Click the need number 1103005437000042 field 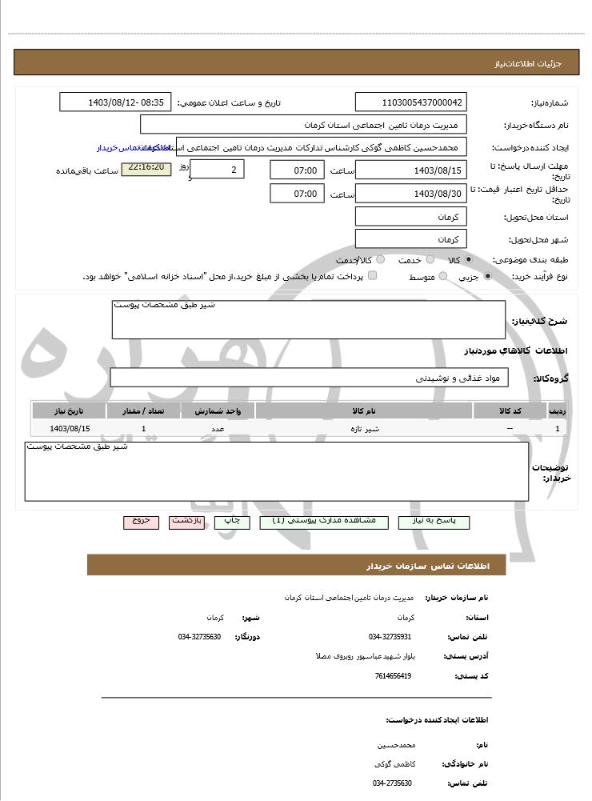click(x=410, y=102)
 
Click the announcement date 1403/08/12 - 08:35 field click(x=115, y=102)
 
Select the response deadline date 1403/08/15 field click(x=410, y=170)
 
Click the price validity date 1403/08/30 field click(x=410, y=194)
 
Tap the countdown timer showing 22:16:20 click(x=146, y=168)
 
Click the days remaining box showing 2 click(x=218, y=170)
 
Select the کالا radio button click(x=468, y=260)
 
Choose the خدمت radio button click(x=430, y=260)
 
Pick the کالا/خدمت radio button click(x=380, y=260)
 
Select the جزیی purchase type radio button click(x=487, y=277)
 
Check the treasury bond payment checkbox click(x=372, y=276)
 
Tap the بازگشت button click(x=186, y=522)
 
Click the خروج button click(x=141, y=522)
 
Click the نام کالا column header click(x=363, y=411)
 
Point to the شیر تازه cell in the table click(x=363, y=429)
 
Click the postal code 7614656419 click(x=393, y=676)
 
